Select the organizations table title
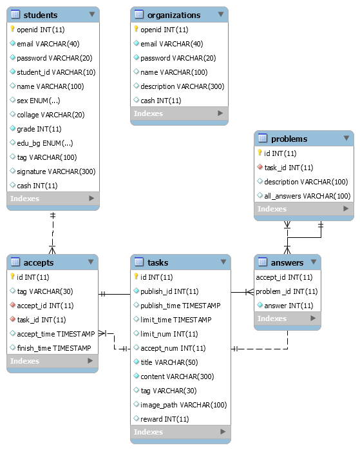tap(173, 15)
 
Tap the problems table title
tap(289, 139)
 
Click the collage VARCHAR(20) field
tap(51, 115)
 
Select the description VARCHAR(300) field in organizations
tap(183, 86)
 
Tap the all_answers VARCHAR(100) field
tap(307, 195)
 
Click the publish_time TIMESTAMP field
tap(180, 306)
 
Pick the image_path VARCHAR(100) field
tap(184, 405)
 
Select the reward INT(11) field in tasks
tap(164, 419)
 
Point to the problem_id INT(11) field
tap(287, 291)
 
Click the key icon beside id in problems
tap(260, 153)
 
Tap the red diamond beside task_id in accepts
tap(12, 320)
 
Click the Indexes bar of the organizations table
tap(180, 114)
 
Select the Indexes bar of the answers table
tap(287, 319)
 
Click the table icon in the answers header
tap(263, 262)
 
